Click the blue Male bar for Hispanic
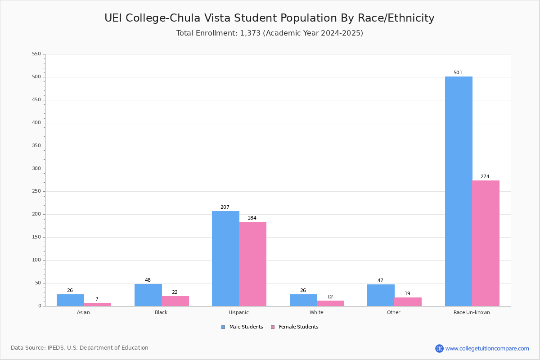[225, 258]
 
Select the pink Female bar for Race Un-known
[486, 243]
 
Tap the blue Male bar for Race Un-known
[459, 191]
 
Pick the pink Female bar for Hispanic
[252, 264]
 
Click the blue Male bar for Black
[148, 295]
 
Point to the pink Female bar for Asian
[97, 305]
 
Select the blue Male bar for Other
[381, 295]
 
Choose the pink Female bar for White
[330, 303]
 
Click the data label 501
[458, 72]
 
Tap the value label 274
[485, 176]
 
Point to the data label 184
[252, 218]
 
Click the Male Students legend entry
[242, 327]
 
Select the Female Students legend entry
[295, 327]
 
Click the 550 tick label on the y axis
[36, 54]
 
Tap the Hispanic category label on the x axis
[238, 312]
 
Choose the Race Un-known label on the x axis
[472, 312]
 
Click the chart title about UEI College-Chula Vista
[270, 18]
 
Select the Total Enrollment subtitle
[270, 33]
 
